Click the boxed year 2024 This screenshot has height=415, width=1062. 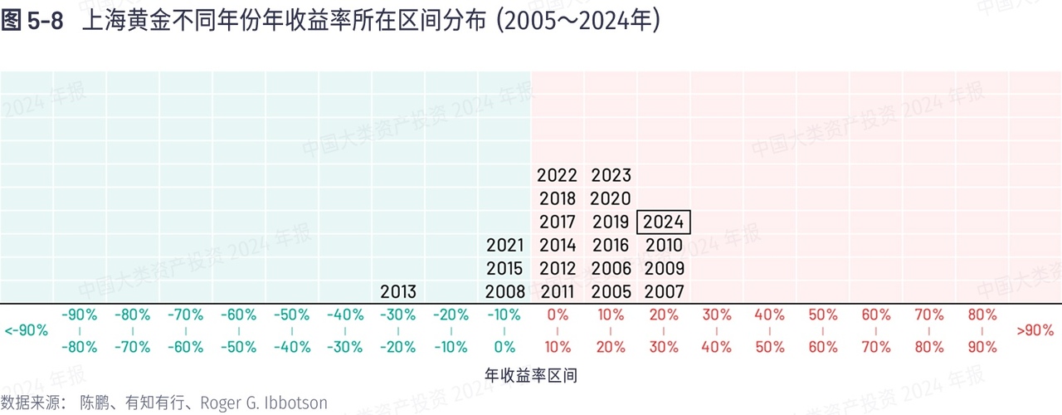pyautogui.click(x=664, y=222)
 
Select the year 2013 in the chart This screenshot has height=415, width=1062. pyautogui.click(x=398, y=292)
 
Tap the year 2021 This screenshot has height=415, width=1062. pyautogui.click(x=504, y=246)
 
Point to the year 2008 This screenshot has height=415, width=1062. pyautogui.click(x=504, y=292)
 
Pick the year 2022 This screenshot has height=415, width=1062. pyautogui.click(x=557, y=176)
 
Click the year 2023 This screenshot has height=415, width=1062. pyautogui.click(x=611, y=176)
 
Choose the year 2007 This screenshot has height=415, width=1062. pyautogui.click(x=664, y=292)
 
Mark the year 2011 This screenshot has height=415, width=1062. pyautogui.click(x=557, y=292)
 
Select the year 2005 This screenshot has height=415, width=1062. pyautogui.click(x=611, y=292)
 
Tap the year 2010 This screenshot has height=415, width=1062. pyautogui.click(x=664, y=246)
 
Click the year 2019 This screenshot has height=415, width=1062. pyautogui.click(x=611, y=222)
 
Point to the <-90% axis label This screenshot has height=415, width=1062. pyautogui.click(x=27, y=330)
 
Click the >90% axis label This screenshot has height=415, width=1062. pyautogui.click(x=1034, y=330)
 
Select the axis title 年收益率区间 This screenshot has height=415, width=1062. pyautogui.click(x=531, y=376)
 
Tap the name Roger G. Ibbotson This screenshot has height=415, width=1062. pyautogui.click(x=265, y=403)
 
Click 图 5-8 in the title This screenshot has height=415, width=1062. pyautogui.click(x=32, y=22)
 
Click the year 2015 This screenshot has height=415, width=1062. pyautogui.click(x=504, y=269)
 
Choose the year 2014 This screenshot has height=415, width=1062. pyautogui.click(x=557, y=246)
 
